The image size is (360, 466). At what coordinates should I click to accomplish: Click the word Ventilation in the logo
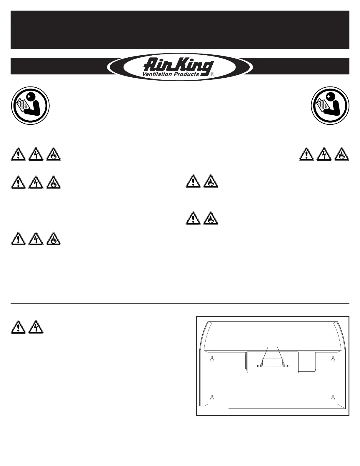point(156,74)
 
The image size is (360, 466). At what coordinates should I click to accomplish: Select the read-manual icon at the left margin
point(30,105)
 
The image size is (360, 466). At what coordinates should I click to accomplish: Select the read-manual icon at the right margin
point(330,105)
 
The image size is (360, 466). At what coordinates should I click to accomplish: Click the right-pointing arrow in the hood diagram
point(256,366)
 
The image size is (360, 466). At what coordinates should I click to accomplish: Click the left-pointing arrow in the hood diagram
point(288,366)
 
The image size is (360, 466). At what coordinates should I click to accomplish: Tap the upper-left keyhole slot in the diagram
point(212,359)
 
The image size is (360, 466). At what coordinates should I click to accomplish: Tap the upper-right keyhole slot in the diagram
point(333,359)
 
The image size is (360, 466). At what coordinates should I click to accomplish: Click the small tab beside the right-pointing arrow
point(261,366)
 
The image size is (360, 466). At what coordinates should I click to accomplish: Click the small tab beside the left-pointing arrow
point(284,366)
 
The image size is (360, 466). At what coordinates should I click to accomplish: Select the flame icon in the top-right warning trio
point(342,154)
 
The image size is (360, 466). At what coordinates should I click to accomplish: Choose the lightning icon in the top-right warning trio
point(324,154)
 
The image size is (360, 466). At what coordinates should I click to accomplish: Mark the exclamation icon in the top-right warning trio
point(306,154)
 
